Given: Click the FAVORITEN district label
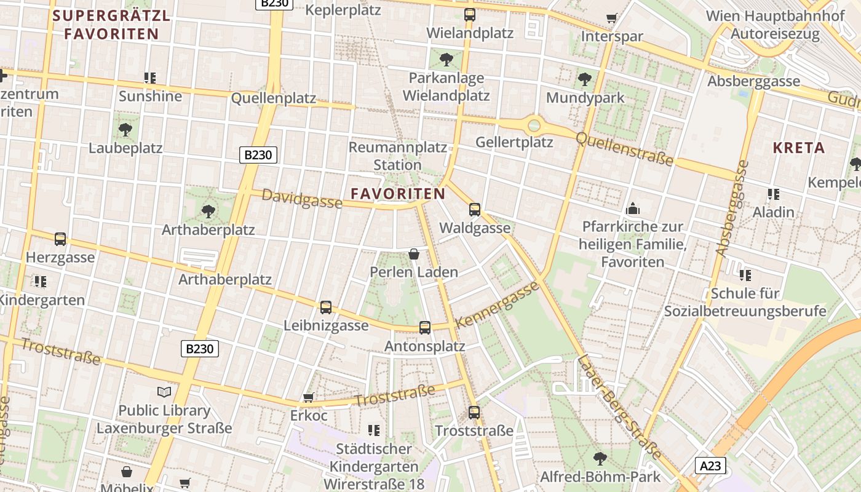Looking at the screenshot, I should [x=398, y=194].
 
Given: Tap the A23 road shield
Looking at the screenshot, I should [x=710, y=466].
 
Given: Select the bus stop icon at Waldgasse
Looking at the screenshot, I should [x=474, y=210].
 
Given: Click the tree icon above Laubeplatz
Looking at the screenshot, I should [x=125, y=129].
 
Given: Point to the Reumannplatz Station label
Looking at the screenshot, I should [x=397, y=156].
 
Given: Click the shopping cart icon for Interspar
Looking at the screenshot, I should [x=611, y=18].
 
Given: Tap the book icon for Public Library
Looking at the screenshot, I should [x=164, y=392].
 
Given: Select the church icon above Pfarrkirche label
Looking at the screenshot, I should [x=632, y=209].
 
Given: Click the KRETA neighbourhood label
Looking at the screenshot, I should [x=798, y=148].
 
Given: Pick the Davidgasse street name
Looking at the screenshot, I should [x=302, y=199].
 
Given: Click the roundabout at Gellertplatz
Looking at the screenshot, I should [x=534, y=125].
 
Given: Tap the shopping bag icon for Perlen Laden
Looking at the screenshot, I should [x=414, y=254].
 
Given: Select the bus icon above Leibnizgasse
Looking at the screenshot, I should [x=325, y=307].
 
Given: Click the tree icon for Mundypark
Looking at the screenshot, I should [x=584, y=79].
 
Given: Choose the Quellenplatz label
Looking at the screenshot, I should [x=273, y=98].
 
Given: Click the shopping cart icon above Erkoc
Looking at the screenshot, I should [x=308, y=398].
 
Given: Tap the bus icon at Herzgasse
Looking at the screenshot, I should [x=60, y=239].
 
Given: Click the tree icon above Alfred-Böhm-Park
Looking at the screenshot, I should [x=600, y=458].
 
